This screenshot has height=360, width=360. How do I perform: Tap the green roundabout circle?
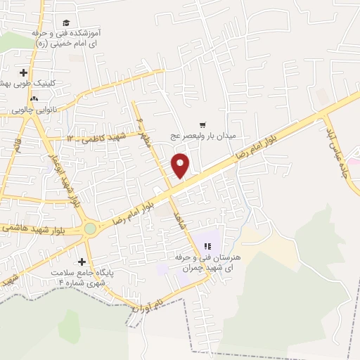[x=90, y=228]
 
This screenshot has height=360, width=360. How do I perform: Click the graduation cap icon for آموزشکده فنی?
[x=65, y=23]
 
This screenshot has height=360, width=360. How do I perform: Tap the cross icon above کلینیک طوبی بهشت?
[x=24, y=72]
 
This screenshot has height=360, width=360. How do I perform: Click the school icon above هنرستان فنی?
[x=207, y=246]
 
